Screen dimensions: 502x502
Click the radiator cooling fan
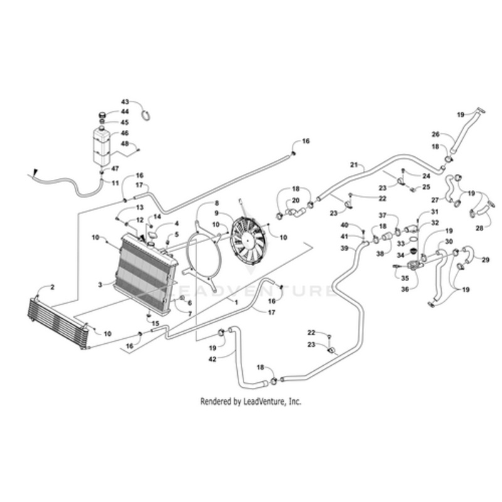(x=248, y=240)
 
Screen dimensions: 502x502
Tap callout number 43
(x=125, y=102)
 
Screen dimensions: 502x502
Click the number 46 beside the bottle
(x=124, y=132)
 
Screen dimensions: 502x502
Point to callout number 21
(x=354, y=165)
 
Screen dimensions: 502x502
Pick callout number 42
(x=212, y=359)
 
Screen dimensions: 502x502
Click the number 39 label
(x=344, y=248)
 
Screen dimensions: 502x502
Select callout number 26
(x=435, y=134)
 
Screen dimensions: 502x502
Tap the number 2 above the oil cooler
(x=53, y=287)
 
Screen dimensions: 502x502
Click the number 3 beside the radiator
(x=100, y=284)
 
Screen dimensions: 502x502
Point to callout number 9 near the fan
(x=216, y=213)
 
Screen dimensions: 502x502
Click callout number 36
(x=405, y=289)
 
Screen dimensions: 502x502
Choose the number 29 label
(x=485, y=260)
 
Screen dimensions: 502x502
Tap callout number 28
(x=479, y=228)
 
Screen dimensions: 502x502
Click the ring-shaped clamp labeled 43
(x=146, y=115)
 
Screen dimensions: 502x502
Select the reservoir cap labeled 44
(x=102, y=114)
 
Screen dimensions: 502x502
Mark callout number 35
(x=405, y=278)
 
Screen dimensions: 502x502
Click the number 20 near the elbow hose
(x=296, y=200)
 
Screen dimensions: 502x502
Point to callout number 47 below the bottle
(x=115, y=168)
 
